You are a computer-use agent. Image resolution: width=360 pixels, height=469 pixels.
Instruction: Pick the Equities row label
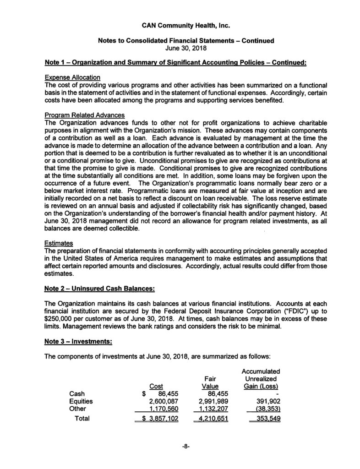point(81,401)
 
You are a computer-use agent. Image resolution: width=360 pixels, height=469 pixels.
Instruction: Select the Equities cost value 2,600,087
point(161,401)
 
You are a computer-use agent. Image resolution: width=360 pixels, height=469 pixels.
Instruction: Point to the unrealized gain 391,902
point(266,401)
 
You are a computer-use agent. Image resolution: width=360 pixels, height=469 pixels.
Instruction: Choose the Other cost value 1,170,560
point(161,409)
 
